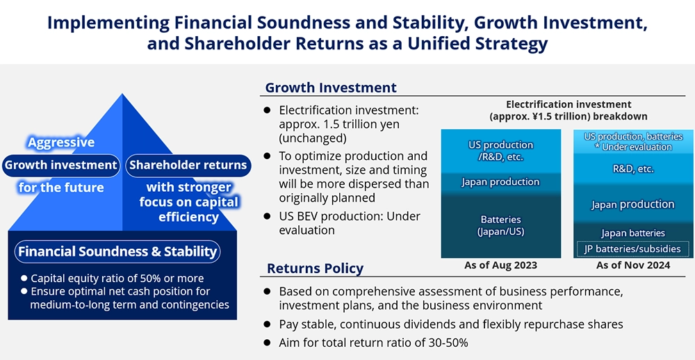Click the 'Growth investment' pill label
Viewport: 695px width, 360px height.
tap(60, 166)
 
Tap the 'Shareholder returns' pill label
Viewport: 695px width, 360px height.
tap(188, 166)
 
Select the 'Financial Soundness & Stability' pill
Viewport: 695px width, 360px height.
tap(117, 252)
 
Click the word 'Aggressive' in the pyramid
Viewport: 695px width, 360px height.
tap(61, 142)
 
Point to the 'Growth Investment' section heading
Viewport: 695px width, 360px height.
tap(331, 88)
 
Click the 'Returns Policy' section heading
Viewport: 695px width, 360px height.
tap(315, 268)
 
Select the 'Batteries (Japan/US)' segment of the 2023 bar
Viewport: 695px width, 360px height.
tap(501, 225)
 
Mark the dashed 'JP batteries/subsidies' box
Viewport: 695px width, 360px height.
tap(632, 249)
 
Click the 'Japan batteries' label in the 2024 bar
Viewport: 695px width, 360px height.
tap(633, 233)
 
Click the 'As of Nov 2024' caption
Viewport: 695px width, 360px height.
tap(632, 265)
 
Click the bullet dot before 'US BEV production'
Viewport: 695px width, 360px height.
tap(266, 216)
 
